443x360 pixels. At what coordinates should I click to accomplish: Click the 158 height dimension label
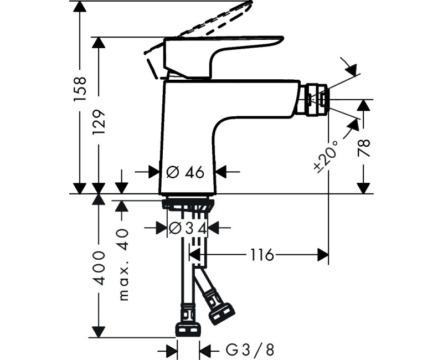coord(80,89)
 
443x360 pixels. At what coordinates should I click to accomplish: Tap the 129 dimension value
coord(99,122)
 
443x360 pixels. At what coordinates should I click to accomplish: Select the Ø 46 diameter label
coord(185,172)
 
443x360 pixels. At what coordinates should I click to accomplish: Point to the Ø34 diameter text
coord(188,228)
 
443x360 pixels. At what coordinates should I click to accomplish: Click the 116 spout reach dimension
coord(262,255)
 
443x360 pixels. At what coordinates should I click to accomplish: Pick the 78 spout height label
coord(364,148)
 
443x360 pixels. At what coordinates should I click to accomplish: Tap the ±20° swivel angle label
coord(326,156)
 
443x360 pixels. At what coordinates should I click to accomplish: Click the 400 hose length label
coord(99,268)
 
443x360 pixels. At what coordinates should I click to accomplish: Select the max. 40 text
coord(122,265)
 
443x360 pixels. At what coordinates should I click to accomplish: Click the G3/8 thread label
coord(250,351)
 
